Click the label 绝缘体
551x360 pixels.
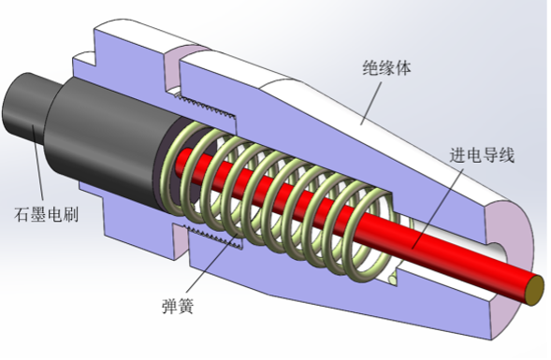[386, 67]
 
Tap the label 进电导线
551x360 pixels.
[482, 155]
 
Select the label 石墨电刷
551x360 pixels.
[46, 214]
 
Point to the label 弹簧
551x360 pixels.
[178, 306]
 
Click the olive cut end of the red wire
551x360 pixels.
[534, 291]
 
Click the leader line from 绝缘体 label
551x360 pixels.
[370, 103]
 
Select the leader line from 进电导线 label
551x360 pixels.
[438, 208]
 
